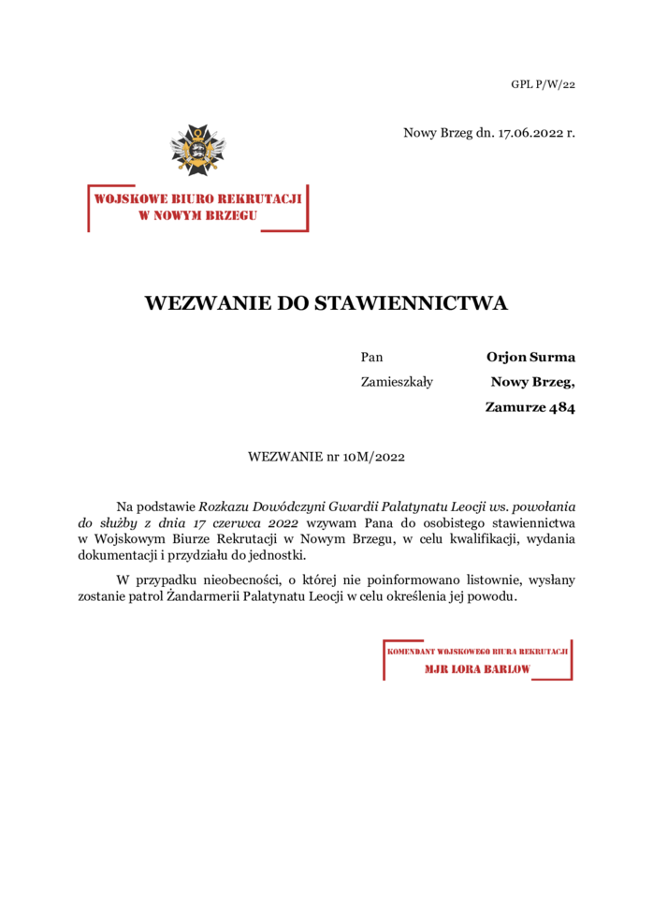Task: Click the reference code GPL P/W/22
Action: point(543,84)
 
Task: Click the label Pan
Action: point(371,357)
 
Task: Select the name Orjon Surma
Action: point(530,357)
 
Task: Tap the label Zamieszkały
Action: point(397,381)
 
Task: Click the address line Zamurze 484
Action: point(530,406)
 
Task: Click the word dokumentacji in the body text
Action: point(116,556)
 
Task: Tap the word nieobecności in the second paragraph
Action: point(230,580)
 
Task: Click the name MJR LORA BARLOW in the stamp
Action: point(477,669)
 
